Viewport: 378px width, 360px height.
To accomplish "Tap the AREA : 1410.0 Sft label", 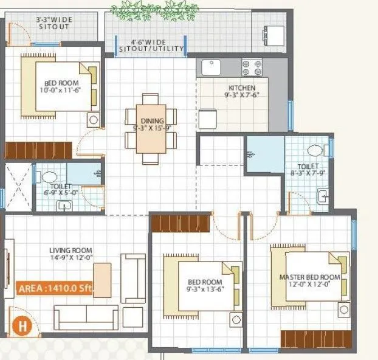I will [x=54, y=289].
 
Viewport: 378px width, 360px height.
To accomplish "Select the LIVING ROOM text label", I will [x=71, y=250].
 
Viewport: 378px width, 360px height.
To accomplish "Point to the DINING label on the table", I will [x=148, y=121].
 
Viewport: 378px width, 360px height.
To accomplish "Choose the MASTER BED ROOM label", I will [x=310, y=277].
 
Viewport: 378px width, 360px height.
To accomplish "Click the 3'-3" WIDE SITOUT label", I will [x=54, y=23].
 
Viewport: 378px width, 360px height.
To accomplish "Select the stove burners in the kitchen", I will [x=252, y=66].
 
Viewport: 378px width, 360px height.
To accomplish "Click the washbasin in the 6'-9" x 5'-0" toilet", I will [x=64, y=205].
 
